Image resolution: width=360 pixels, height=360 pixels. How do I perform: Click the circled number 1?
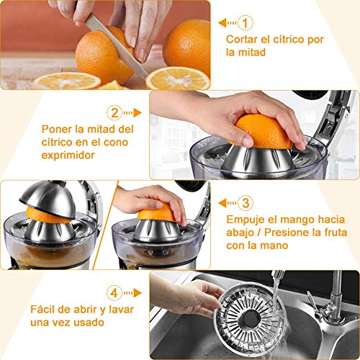click(246, 22)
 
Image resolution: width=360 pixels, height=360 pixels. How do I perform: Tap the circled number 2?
click(114, 112)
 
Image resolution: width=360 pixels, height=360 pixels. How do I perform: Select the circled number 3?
click(246, 202)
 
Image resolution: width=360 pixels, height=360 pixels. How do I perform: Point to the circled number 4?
click(114, 293)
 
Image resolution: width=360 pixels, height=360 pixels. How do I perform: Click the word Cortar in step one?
click(241, 39)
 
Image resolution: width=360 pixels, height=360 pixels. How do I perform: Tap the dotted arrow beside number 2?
click(132, 112)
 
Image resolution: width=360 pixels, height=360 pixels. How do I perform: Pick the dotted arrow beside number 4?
click(132, 293)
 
